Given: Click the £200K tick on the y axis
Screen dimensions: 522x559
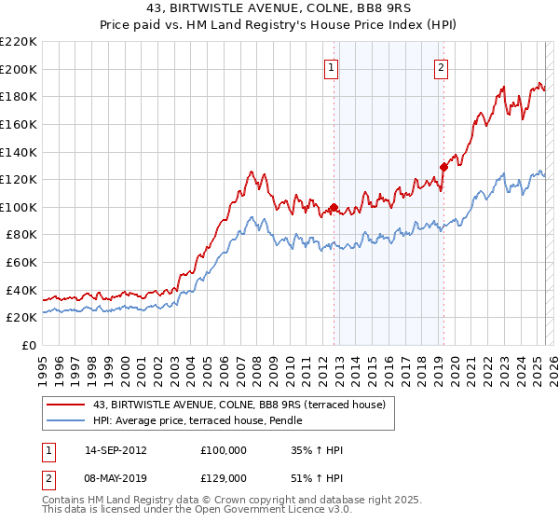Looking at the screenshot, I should click(20, 69).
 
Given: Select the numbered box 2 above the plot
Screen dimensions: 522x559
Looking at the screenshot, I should click(440, 67).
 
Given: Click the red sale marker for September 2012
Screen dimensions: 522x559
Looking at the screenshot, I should click(334, 207).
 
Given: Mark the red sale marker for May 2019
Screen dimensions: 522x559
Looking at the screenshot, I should click(443, 167).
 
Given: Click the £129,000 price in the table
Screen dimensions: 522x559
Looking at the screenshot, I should click(224, 477).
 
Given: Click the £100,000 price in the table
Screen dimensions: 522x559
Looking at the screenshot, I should click(224, 449).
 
